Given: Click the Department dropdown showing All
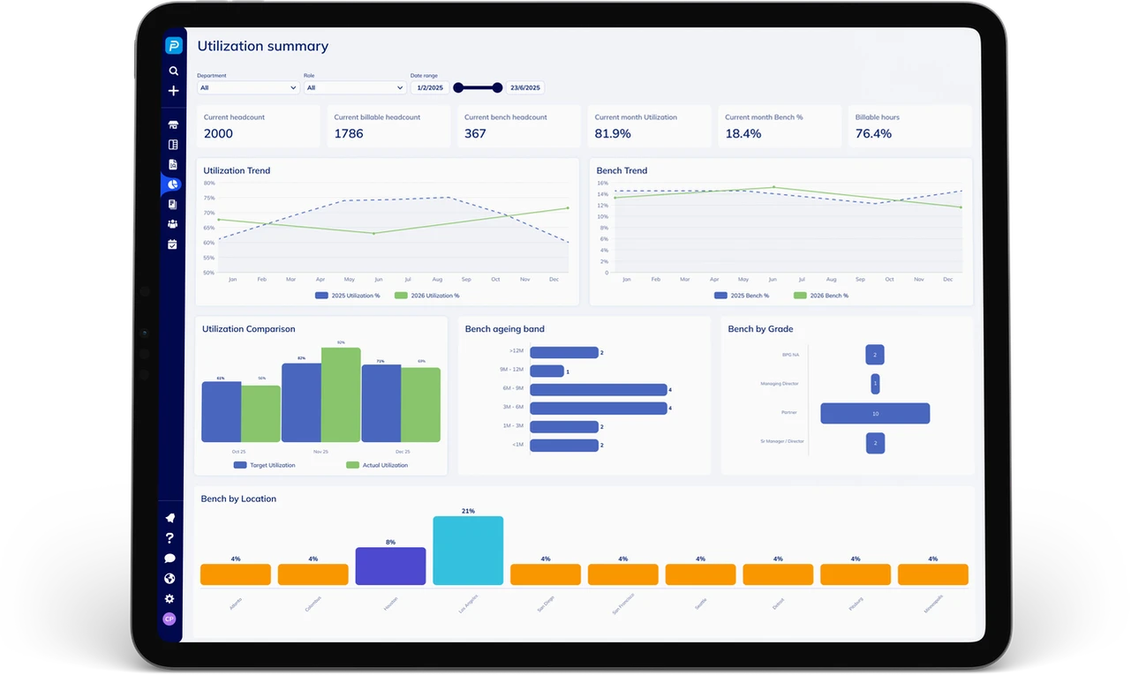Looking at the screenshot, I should point(247,87).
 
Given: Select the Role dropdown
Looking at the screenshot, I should point(354,87).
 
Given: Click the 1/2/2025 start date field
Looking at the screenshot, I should point(430,87).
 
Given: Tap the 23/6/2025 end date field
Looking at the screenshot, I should point(525,87).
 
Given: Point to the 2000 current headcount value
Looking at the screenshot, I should point(218,133).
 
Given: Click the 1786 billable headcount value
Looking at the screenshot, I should point(349,133).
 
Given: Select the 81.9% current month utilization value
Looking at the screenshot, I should point(613,133).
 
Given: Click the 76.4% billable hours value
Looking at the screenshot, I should point(873,133).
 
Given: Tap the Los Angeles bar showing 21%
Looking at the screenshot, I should point(468,551).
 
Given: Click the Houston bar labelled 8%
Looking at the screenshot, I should point(390,566).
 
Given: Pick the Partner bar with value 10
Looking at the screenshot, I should point(875,413).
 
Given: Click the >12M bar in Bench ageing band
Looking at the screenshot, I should point(564,352).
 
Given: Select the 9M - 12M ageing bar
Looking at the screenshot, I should point(547,371).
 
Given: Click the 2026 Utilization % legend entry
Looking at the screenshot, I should point(426,296).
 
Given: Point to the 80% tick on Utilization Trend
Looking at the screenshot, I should point(209,184).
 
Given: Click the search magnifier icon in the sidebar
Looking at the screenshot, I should point(173,71).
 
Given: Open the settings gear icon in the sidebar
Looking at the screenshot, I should point(170,599).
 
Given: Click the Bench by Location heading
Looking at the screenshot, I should point(238,499).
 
